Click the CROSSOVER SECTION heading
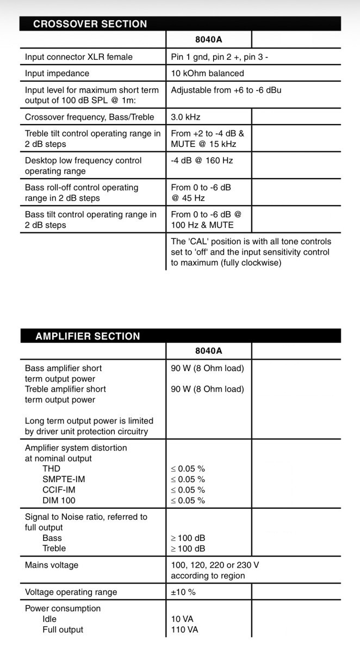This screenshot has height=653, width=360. (x=90, y=24)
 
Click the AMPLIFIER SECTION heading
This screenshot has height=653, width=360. (x=88, y=336)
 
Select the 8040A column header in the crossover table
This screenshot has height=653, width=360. (x=209, y=40)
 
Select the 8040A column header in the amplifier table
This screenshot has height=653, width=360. (x=209, y=351)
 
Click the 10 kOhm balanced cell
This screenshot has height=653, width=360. (x=207, y=73)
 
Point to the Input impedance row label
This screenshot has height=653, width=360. (x=57, y=73)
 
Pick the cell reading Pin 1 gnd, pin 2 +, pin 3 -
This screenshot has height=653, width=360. (x=219, y=57)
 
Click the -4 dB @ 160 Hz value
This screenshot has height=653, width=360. (x=202, y=161)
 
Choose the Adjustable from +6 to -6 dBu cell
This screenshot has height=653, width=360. (x=226, y=90)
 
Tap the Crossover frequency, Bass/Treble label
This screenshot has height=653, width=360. (x=90, y=117)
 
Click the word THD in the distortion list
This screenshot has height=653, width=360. (x=51, y=469)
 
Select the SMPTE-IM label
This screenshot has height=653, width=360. (x=64, y=479)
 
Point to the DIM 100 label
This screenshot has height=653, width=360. (x=59, y=501)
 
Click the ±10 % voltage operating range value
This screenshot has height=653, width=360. (x=183, y=592)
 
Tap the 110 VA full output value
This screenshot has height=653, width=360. (x=184, y=630)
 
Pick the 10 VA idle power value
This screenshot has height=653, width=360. (x=182, y=619)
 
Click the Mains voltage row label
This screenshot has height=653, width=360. (x=52, y=565)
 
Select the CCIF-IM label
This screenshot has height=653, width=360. (x=59, y=490)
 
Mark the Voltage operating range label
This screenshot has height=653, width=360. (x=71, y=592)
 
